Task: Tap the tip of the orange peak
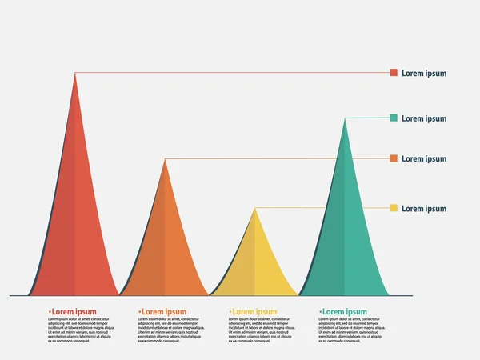[x=166, y=161]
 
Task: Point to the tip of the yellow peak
[x=255, y=210]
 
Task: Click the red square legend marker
[x=394, y=73]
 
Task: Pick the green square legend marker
[x=394, y=118]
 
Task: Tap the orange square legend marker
[x=394, y=158]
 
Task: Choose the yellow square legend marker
[x=394, y=209]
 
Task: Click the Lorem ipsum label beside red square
[x=424, y=74]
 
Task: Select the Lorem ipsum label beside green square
[x=424, y=118]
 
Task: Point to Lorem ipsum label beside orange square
[x=424, y=159]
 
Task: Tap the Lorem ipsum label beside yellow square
[x=424, y=209]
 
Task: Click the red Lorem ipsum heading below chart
[x=74, y=312]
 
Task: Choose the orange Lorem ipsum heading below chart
[x=163, y=312]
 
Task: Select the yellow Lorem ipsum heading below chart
[x=254, y=312]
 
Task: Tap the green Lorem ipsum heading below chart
[x=344, y=312]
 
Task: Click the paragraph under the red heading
[x=79, y=330]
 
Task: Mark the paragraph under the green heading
[x=350, y=330]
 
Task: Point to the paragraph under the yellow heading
[x=259, y=330]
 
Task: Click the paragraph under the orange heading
[x=169, y=330]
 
